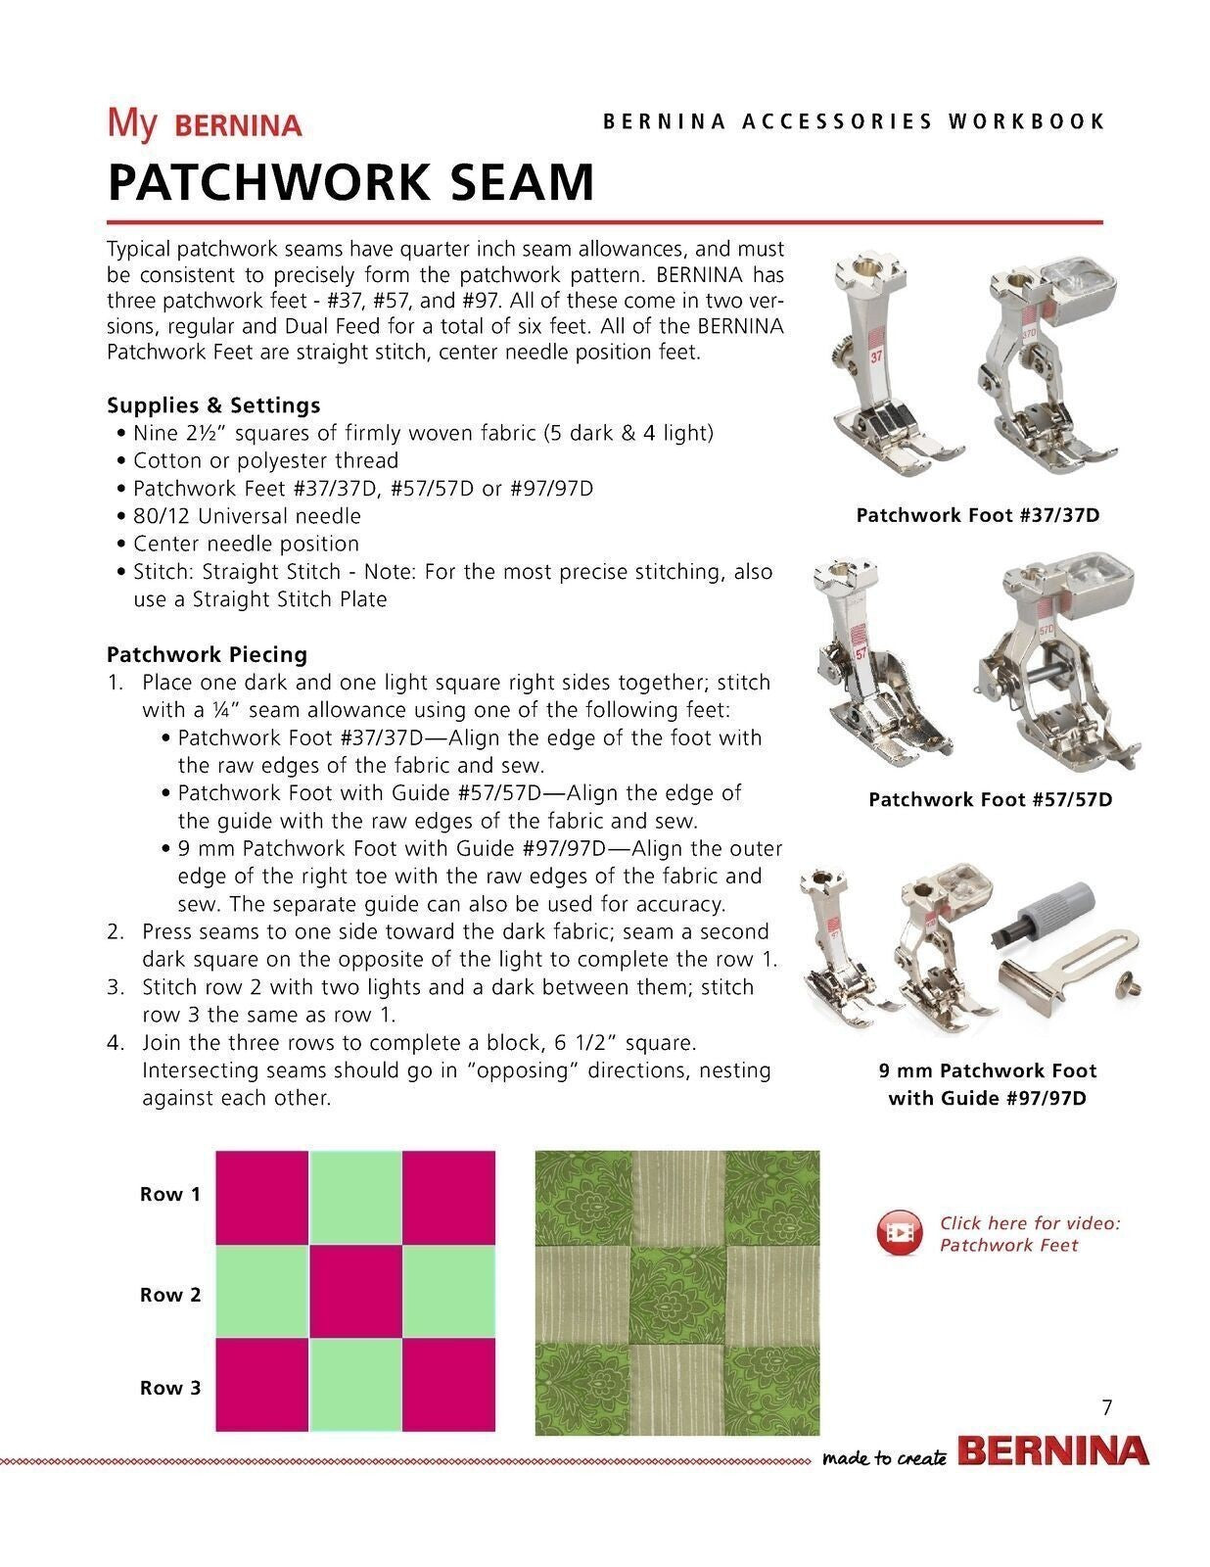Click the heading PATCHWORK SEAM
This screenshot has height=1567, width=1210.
350,182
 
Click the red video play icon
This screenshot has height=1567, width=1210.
898,1233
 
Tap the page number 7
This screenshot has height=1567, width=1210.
1107,1408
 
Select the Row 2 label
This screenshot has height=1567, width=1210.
170,1295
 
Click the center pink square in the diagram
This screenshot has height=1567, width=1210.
355,1292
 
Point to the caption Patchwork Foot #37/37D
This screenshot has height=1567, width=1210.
977,515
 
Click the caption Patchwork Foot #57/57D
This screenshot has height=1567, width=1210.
990,799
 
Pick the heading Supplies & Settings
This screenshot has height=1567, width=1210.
213,404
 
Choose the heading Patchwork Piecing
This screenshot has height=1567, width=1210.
207,654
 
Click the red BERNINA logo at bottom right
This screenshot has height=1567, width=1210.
1052,1451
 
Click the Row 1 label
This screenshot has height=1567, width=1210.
170,1194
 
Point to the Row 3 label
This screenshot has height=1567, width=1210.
170,1388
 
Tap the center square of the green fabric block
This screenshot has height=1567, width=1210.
677,1293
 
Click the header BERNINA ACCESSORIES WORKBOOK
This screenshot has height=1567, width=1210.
854,121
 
